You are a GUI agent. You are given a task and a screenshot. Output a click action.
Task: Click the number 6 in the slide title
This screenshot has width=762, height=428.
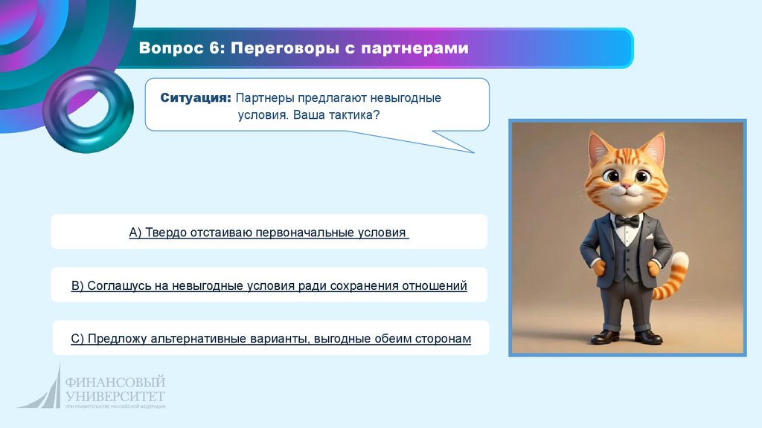pyautogui.click(x=214, y=48)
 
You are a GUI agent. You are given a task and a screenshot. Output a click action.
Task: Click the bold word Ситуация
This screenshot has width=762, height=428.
pyautogui.click(x=196, y=98)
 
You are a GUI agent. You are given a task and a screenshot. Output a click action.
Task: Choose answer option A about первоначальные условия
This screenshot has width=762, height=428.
pyautogui.click(x=269, y=233)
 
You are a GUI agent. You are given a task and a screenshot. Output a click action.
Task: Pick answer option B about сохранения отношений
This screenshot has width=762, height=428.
pyautogui.click(x=269, y=286)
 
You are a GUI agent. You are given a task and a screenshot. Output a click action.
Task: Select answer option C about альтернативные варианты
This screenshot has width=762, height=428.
pyautogui.click(x=271, y=339)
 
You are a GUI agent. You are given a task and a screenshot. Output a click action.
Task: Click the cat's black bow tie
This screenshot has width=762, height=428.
pyautogui.click(x=627, y=221)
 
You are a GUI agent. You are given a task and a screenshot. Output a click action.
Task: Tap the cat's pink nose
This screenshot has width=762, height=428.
pyautogui.click(x=627, y=186)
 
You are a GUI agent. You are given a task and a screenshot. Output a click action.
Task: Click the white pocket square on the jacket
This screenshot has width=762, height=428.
pyautogui.click(x=648, y=237)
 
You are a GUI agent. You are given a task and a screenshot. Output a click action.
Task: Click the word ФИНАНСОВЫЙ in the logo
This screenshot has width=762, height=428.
pyautogui.click(x=115, y=382)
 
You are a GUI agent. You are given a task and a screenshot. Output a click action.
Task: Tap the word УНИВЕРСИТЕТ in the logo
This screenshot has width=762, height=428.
pyautogui.click(x=115, y=396)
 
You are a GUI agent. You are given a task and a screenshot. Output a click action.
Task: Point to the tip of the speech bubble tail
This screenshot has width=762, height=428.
pyautogui.click(x=474, y=153)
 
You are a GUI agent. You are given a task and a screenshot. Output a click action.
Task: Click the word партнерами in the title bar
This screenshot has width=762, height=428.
pyautogui.click(x=415, y=48)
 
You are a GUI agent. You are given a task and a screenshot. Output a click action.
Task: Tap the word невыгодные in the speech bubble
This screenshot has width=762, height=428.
pyautogui.click(x=406, y=98)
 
